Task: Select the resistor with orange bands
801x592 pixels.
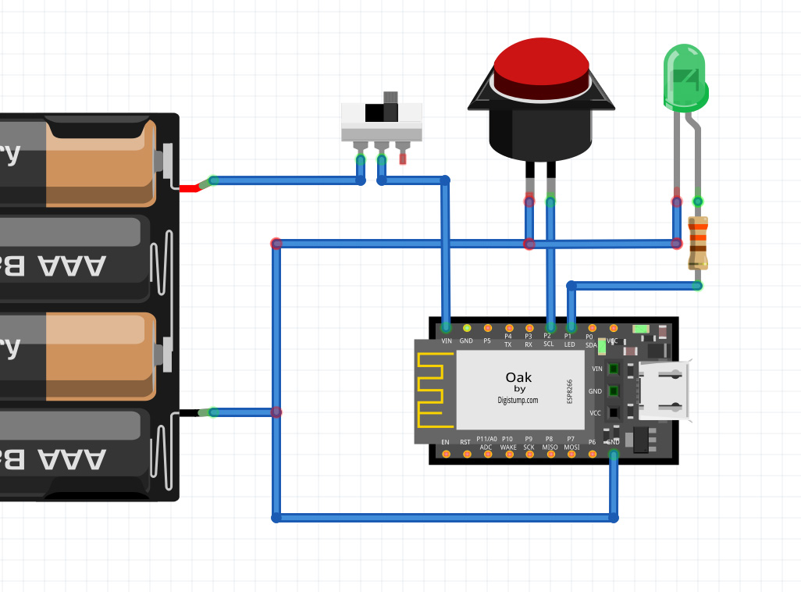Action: (x=698, y=243)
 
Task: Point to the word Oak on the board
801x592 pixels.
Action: (x=519, y=377)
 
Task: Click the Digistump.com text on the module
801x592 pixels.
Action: (x=518, y=400)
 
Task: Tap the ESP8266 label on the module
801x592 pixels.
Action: (x=569, y=391)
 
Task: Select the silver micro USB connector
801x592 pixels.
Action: (x=664, y=391)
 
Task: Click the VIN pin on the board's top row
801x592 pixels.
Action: (x=446, y=328)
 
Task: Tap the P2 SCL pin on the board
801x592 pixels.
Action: (x=550, y=328)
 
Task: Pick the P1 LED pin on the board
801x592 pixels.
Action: (x=571, y=328)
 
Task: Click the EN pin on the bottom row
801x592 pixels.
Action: (x=445, y=454)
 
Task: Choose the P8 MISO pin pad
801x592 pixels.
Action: (x=550, y=454)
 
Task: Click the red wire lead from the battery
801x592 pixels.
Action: (x=190, y=187)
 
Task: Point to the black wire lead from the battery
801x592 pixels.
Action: (x=190, y=412)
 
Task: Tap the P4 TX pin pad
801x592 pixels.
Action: (x=508, y=328)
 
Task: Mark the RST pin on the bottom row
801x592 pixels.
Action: (x=466, y=454)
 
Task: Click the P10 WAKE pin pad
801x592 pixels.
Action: (x=508, y=454)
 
